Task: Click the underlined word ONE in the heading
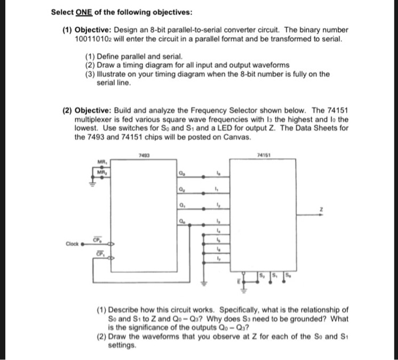[x=84, y=12]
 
